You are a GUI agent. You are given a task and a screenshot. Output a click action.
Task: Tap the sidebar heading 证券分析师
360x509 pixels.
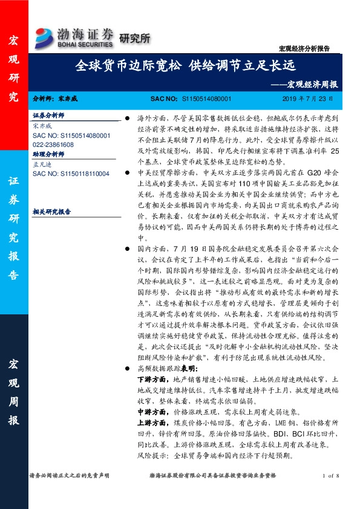click(x=48, y=115)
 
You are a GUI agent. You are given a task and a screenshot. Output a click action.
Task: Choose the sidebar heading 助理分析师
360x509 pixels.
click(x=48, y=155)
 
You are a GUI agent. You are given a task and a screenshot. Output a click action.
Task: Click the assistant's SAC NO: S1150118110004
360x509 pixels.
click(x=71, y=173)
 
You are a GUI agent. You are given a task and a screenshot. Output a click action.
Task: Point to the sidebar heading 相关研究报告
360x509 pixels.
click(x=51, y=212)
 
